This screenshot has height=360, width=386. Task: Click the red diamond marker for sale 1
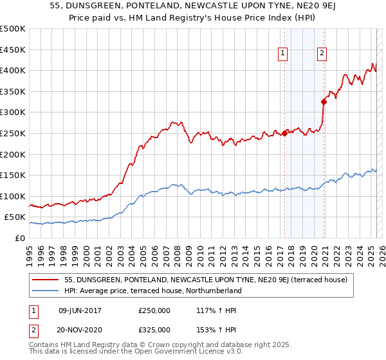click(x=284, y=134)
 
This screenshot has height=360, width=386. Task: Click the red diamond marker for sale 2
click(x=324, y=101)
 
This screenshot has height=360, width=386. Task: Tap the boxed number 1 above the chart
click(x=283, y=54)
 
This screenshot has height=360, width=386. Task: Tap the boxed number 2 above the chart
click(x=321, y=54)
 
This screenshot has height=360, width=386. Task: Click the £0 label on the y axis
click(x=19, y=238)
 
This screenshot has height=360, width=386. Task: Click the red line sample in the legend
click(x=46, y=280)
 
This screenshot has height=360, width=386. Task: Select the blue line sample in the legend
click(x=46, y=291)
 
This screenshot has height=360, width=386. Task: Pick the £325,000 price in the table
click(x=154, y=330)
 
